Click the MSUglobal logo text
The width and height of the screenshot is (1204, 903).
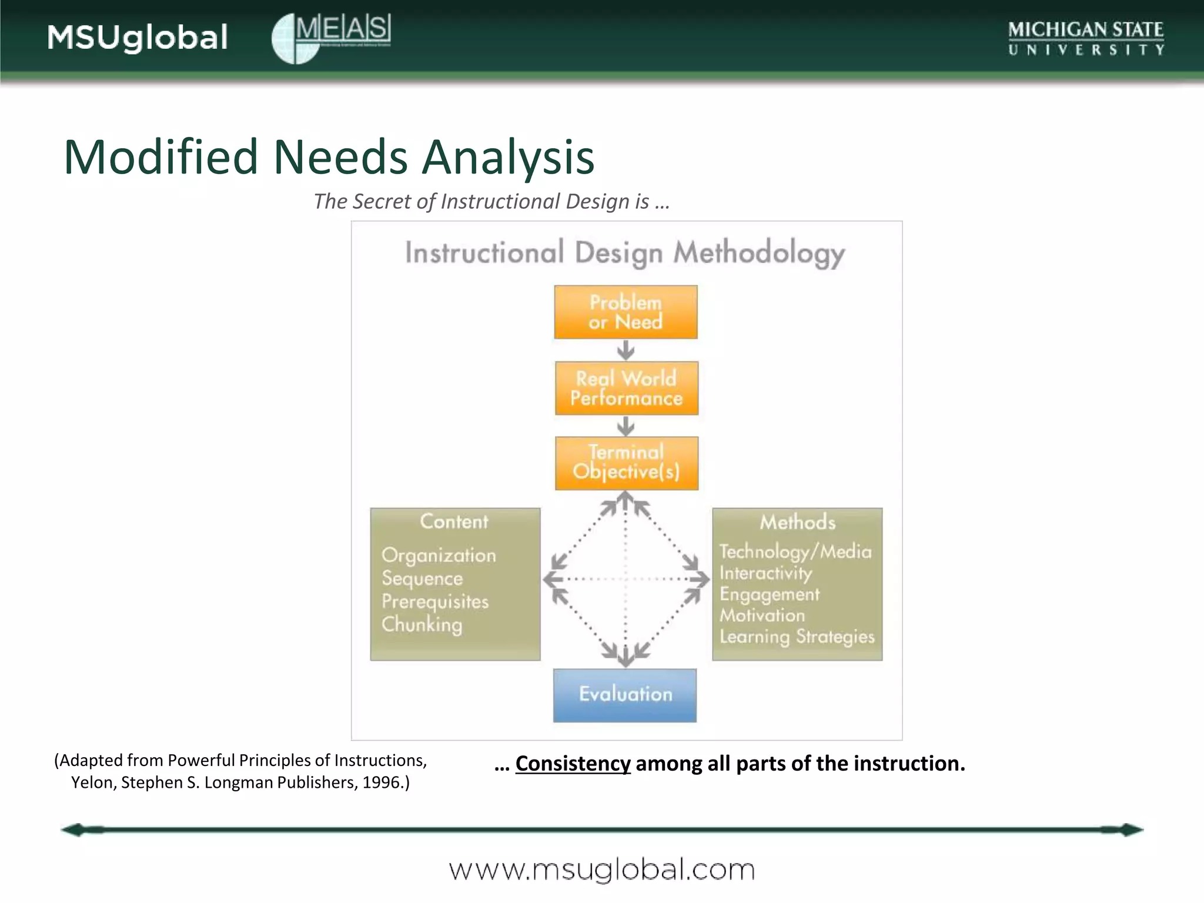click(x=137, y=38)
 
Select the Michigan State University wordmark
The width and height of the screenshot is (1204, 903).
click(x=1085, y=38)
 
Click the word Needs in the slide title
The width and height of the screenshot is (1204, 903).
click(x=340, y=157)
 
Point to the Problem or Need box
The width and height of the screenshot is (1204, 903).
click(x=626, y=312)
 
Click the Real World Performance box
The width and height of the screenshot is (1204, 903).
click(x=627, y=388)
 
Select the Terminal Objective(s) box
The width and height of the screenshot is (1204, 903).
click(x=627, y=463)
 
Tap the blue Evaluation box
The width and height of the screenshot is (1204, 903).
click(x=625, y=695)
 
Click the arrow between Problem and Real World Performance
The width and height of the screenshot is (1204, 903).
click(x=626, y=351)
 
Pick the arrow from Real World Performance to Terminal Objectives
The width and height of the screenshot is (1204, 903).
click(x=626, y=426)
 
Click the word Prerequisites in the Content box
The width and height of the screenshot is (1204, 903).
click(x=435, y=601)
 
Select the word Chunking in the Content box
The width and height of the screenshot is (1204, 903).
click(x=422, y=624)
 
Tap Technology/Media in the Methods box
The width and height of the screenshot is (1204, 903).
click(x=795, y=551)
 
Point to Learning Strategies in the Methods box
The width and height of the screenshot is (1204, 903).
click(x=797, y=637)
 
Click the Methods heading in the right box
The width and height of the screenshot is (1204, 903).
click(x=797, y=522)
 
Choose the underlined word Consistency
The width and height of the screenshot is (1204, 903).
click(x=573, y=763)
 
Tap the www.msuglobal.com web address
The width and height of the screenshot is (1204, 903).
click(x=601, y=869)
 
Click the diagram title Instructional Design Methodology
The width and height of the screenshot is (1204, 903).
click(x=625, y=253)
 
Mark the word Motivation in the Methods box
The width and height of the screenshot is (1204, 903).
click(x=762, y=616)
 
